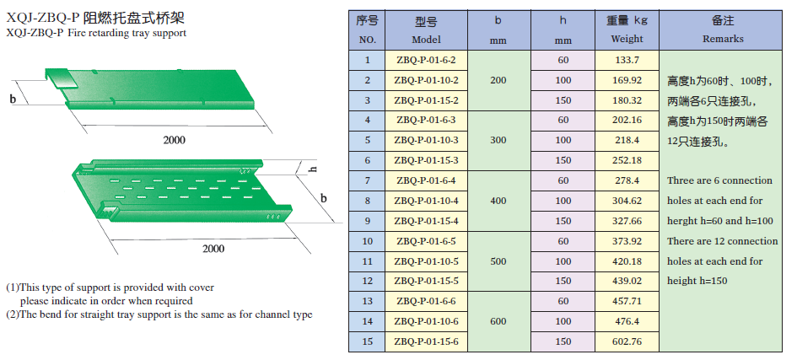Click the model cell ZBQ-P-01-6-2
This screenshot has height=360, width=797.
tap(427, 60)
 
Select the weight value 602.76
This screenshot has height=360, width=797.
tap(627, 341)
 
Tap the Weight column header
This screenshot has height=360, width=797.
tap(627, 30)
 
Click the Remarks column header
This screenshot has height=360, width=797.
tap(723, 30)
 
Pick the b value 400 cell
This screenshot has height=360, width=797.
tap(498, 201)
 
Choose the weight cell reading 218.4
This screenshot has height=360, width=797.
tap(627, 140)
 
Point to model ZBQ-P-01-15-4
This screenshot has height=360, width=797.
tap(427, 221)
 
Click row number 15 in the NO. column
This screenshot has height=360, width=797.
tap(367, 341)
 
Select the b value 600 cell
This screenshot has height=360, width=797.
tap(498, 321)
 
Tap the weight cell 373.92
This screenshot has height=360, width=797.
tap(627, 241)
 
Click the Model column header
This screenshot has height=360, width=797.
tap(427, 30)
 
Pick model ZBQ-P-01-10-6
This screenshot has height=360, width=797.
tap(427, 321)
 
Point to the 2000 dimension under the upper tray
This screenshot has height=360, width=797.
tap(175, 140)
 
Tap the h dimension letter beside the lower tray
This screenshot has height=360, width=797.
tap(312, 169)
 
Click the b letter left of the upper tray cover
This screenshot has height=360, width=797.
tap(13, 99)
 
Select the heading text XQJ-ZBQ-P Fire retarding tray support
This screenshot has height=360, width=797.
tap(96, 33)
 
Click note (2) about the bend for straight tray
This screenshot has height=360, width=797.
tap(159, 314)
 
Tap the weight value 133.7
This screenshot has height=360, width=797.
tap(627, 60)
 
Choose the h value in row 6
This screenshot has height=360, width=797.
tap(563, 160)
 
